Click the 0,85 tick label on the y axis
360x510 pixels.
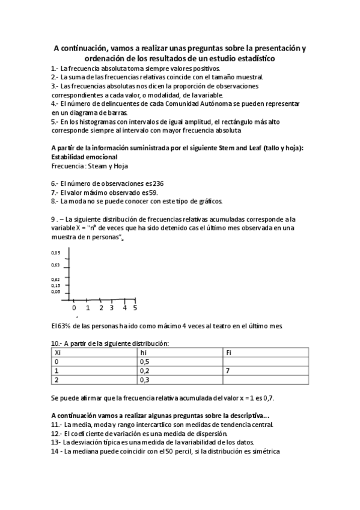coord(55,253)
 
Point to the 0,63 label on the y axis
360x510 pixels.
coord(55,265)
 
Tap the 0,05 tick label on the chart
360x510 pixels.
coord(55,291)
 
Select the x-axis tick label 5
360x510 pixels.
coord(135,307)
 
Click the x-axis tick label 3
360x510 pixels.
coord(111,307)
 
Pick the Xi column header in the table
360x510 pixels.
coord(58,352)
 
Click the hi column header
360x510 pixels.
coord(143,352)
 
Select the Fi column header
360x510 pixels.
coord(228,352)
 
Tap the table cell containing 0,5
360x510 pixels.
coord(144,362)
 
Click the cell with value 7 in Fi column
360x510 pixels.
coord(227,371)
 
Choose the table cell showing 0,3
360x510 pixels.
coord(144,380)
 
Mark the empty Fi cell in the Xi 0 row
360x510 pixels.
coord(265,362)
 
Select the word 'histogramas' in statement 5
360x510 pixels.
coord(91,121)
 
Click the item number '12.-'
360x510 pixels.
coord(57,433)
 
